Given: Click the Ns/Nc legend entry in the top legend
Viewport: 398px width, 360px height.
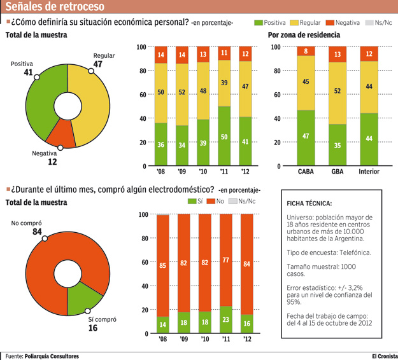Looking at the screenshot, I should (378, 22).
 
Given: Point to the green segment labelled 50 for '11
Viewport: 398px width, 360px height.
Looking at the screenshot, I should (224, 137).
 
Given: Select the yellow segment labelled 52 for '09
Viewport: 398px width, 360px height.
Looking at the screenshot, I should (182, 93).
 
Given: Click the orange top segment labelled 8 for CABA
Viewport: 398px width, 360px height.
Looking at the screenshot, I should (306, 52).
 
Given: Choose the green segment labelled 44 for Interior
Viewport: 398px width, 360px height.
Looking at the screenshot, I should (369, 140).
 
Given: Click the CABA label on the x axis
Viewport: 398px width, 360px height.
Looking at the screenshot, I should (306, 172).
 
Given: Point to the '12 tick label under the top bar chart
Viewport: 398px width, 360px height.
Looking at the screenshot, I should (245, 172).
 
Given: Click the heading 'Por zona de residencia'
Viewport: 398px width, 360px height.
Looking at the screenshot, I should (304, 35).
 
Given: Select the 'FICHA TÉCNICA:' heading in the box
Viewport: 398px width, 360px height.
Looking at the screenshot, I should (309, 204).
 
